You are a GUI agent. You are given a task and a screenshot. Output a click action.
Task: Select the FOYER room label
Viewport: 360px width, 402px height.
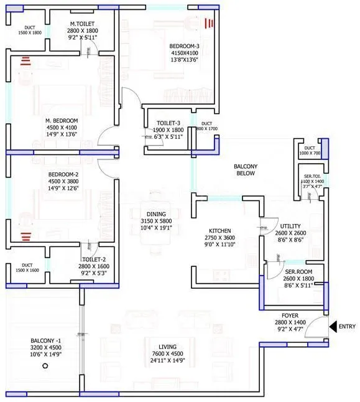tap(290, 316)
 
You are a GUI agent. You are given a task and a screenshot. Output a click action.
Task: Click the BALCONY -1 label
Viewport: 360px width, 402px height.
tap(45, 341)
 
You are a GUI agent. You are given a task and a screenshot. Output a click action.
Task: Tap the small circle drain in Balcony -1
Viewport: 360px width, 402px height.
tap(45, 367)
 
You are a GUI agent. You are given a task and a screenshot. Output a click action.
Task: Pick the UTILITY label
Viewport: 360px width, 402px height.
tap(290, 227)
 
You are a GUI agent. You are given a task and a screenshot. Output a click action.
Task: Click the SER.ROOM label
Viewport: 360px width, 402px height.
tap(298, 271)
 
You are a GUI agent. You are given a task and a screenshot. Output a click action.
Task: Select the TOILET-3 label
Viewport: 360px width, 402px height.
tap(168, 123)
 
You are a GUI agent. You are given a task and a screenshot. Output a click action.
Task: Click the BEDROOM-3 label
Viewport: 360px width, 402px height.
tap(185, 45)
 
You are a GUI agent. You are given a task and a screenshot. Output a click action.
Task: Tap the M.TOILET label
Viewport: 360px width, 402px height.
tap(83, 23)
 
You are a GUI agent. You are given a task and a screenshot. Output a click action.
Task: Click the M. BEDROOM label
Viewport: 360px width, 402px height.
tap(61, 120)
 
